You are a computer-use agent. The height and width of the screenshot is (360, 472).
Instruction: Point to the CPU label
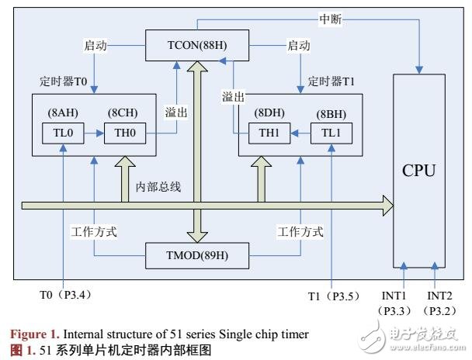(421, 169)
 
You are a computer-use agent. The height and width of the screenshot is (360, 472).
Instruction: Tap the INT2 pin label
(441, 296)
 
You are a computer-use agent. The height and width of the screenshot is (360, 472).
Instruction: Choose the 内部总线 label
(158, 187)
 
